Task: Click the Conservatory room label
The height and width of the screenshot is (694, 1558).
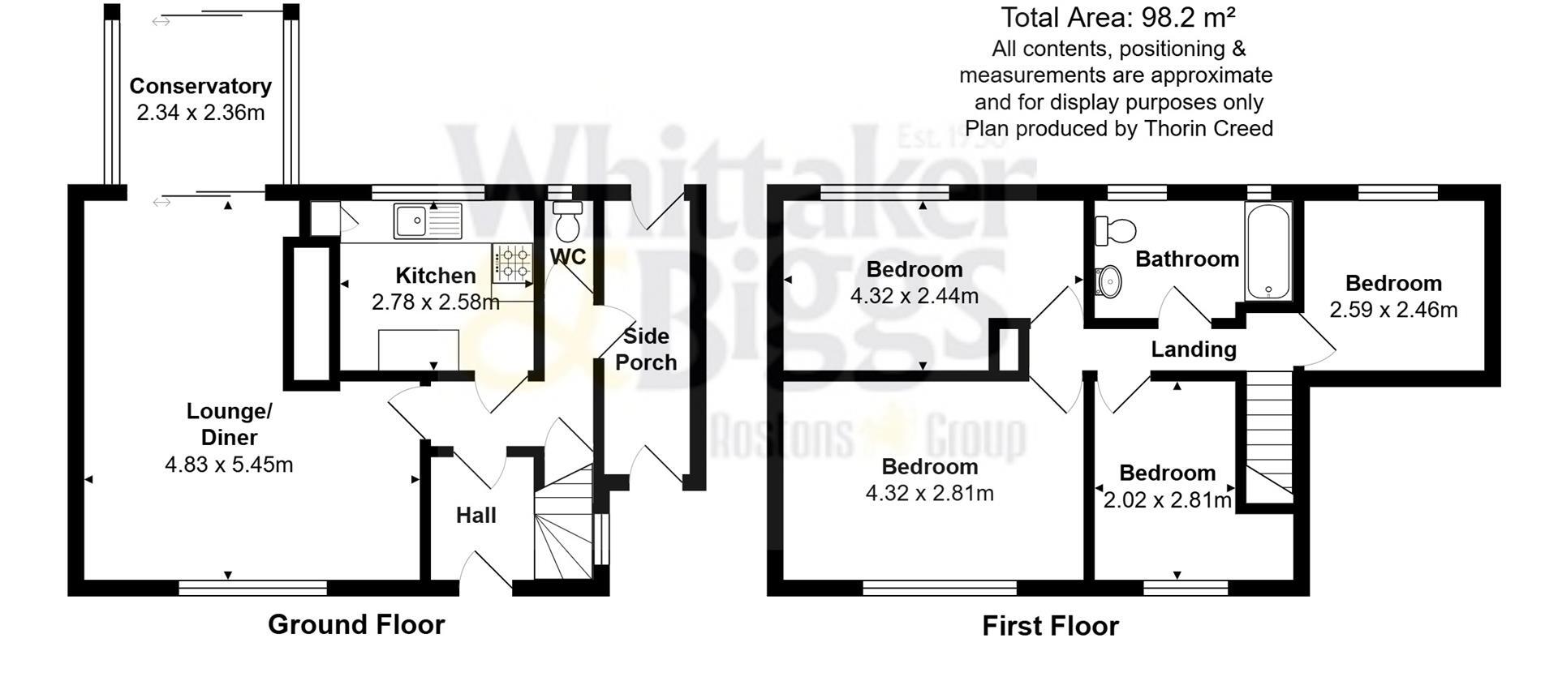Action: click(x=200, y=86)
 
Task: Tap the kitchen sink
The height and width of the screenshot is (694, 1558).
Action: click(x=428, y=221)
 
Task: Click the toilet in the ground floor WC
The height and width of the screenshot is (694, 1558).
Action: click(x=567, y=220)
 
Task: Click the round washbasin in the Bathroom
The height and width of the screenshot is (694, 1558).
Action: click(x=1108, y=281)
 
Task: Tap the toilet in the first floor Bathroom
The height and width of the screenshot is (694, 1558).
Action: click(x=1115, y=231)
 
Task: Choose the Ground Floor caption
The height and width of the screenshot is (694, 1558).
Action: click(x=356, y=624)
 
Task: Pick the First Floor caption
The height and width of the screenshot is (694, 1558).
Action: click(x=1050, y=626)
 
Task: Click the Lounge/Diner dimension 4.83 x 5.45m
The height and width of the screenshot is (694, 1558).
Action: click(x=229, y=465)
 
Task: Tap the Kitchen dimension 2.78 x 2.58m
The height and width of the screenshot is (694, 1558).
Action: click(x=436, y=302)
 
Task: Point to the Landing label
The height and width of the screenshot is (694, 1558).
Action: click(x=1194, y=349)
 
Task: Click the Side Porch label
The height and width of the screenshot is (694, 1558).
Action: click(x=646, y=349)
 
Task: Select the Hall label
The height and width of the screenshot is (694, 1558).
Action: click(x=476, y=516)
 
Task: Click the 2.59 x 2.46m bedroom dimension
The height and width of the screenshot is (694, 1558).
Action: click(x=1393, y=310)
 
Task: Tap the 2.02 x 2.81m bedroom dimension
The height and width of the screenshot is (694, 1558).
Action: click(x=1167, y=500)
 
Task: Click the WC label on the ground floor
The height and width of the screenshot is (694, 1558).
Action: click(x=568, y=257)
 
